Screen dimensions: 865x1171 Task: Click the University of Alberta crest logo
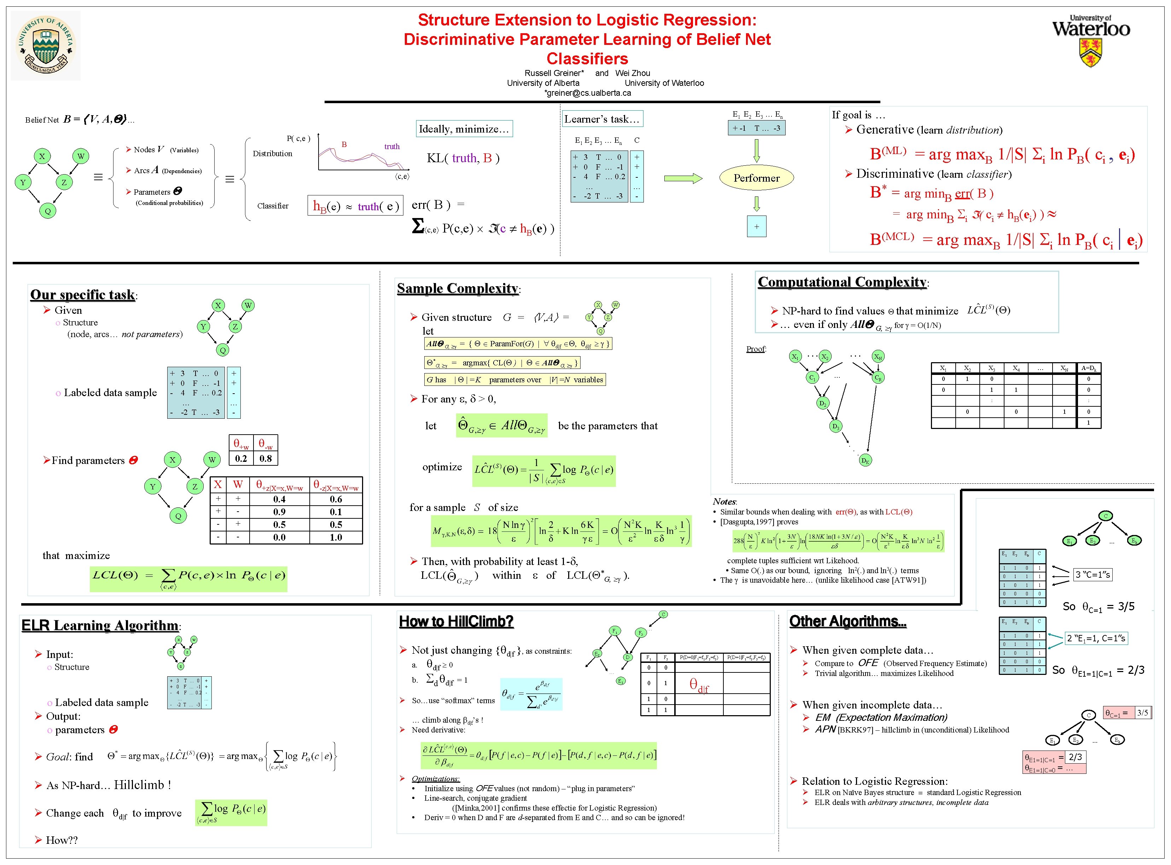(46, 46)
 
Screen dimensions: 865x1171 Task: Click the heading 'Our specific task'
(83, 295)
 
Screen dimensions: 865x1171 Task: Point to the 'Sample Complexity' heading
(458, 288)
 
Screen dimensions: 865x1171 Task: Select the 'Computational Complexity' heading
(842, 282)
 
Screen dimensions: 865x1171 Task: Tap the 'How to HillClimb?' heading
(456, 622)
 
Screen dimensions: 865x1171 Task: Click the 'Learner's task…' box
(601, 119)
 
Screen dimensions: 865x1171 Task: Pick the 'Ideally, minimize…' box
(464, 129)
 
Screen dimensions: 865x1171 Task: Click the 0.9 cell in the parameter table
(279, 512)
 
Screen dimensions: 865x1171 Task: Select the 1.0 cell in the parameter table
(336, 537)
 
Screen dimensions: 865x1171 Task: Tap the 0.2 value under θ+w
(241, 458)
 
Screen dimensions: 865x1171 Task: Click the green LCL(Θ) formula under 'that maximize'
(188, 578)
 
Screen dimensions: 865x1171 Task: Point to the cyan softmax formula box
(531, 694)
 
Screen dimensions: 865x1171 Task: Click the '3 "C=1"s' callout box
(1093, 575)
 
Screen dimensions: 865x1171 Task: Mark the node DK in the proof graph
(865, 461)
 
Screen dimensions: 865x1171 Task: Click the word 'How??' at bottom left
(62, 840)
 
